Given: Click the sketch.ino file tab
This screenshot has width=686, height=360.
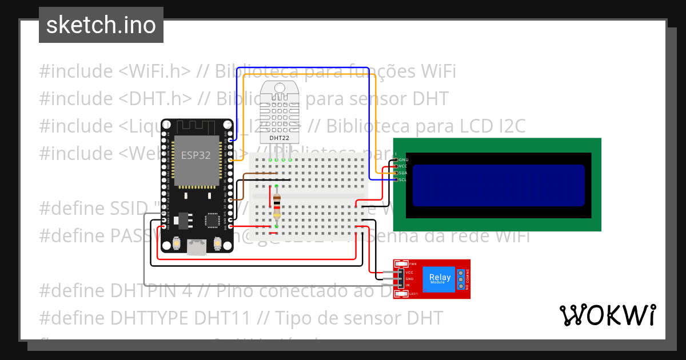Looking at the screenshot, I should click(101, 25).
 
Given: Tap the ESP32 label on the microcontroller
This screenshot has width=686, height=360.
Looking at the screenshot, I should click(196, 155).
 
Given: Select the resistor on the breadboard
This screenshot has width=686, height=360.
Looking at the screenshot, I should click(277, 206).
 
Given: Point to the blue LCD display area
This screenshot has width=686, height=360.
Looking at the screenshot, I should click(498, 185).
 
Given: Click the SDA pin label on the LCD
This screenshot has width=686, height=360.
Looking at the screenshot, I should click(403, 173).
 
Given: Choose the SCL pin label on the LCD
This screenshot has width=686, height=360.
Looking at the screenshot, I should click(402, 180).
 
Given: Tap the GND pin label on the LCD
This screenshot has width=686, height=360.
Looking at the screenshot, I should click(403, 159).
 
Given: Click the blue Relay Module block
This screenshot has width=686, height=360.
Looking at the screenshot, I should click(440, 278).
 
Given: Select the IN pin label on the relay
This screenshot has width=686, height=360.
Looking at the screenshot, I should click(408, 285).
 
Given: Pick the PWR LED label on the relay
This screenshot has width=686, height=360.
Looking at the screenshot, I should click(413, 264).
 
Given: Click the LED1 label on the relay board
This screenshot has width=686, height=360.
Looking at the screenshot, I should click(413, 294).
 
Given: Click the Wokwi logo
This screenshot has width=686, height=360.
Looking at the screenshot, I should click(607, 315).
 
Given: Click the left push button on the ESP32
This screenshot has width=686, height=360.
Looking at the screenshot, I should click(177, 244).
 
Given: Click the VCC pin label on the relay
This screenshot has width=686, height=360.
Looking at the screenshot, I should click(409, 273).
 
